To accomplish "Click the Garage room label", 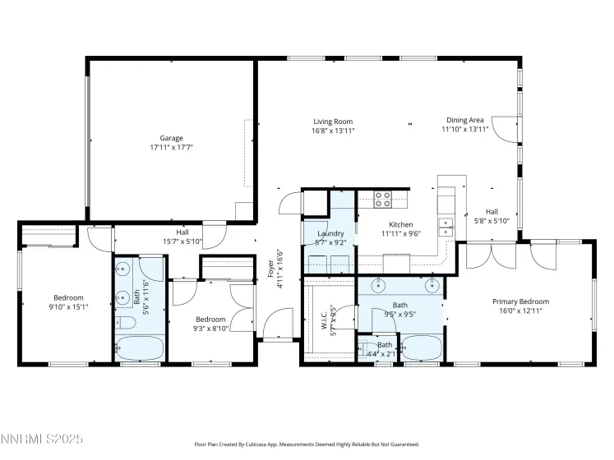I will (x=171, y=138).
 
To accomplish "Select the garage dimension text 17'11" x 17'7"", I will (x=171, y=147).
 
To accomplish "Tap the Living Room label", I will (x=332, y=122).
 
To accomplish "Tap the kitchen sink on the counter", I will (x=445, y=227).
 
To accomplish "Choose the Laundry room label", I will (x=330, y=233).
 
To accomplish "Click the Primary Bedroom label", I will (x=520, y=301).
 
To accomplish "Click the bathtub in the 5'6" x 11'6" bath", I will (x=138, y=347).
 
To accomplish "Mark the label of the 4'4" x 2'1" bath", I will (x=385, y=345).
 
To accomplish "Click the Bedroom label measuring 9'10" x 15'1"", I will (x=68, y=297).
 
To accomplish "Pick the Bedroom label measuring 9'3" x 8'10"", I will (x=210, y=319).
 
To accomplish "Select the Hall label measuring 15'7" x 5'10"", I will (x=182, y=232).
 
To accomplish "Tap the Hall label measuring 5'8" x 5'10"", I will (x=492, y=211).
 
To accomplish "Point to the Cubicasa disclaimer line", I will (x=307, y=444).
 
